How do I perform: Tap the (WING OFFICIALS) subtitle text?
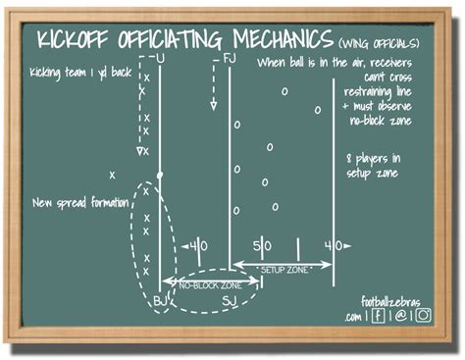pos(381,43)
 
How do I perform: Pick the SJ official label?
pos(229,300)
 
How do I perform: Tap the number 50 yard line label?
pos(262,245)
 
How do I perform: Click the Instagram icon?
pos(423,316)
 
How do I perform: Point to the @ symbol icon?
pos(400,317)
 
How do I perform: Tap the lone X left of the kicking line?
pos(113,175)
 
